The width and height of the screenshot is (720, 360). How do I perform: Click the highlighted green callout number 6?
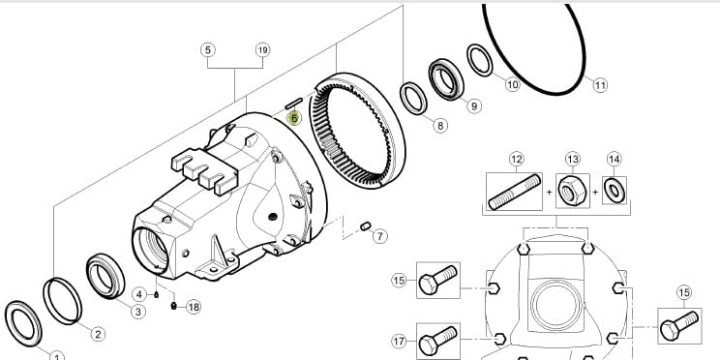[x=294, y=118]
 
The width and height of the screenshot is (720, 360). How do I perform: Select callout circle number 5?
[x=208, y=49]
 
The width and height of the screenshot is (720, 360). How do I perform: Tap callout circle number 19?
[x=262, y=49]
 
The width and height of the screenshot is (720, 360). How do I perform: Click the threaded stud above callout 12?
[x=514, y=192]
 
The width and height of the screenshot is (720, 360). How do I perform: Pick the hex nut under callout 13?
[x=572, y=191]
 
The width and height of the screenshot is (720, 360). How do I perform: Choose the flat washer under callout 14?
[x=614, y=190]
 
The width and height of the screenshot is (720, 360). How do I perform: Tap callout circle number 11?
[x=600, y=85]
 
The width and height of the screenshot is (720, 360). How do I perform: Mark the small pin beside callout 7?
[x=366, y=225]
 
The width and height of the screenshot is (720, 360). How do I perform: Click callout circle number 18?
[x=194, y=307]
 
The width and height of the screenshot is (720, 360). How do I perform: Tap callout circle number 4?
[x=139, y=294]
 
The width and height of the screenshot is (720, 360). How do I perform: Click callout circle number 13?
[x=572, y=160]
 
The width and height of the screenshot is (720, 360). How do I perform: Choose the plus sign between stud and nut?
[x=549, y=193]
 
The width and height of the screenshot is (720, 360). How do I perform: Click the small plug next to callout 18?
[x=173, y=306]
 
